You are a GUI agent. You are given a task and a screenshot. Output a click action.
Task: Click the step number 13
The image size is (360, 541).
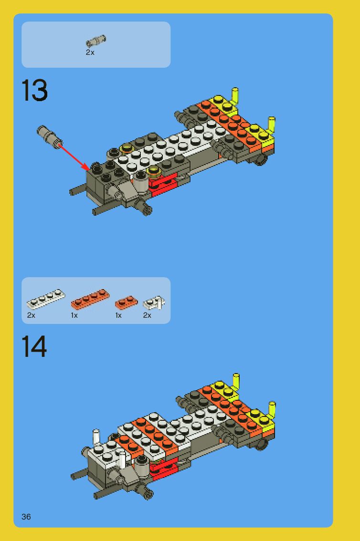click(34, 90)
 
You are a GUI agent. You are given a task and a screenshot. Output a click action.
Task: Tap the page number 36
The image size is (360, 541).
click(26, 517)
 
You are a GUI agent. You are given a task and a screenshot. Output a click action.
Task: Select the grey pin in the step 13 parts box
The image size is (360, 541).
click(95, 41)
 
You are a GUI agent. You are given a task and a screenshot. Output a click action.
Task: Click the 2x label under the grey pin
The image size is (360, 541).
click(90, 52)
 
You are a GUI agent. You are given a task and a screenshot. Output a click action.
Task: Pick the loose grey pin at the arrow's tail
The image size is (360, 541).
click(49, 136)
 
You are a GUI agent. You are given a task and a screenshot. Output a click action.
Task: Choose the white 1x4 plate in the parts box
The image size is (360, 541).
click(45, 299)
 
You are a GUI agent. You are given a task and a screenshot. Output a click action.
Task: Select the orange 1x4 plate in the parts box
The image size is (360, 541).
click(90, 299)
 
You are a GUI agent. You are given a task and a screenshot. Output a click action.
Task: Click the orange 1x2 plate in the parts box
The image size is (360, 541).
click(126, 302)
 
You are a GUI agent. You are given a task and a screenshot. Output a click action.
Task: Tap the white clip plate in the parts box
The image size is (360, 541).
click(154, 302)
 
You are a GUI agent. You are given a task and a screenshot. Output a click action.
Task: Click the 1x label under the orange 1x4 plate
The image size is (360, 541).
click(74, 315)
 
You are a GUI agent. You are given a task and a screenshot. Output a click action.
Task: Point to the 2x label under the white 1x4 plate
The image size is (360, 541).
click(31, 315)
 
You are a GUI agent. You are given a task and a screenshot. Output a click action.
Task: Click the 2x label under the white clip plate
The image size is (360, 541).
click(147, 315)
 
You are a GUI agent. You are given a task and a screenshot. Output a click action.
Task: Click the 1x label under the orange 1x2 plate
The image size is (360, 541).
click(118, 315)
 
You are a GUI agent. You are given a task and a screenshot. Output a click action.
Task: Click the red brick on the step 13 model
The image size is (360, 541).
click(163, 185)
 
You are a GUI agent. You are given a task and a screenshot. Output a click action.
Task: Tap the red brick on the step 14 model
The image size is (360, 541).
click(163, 469)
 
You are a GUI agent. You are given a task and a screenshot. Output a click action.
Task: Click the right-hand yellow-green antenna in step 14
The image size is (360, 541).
click(272, 410)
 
